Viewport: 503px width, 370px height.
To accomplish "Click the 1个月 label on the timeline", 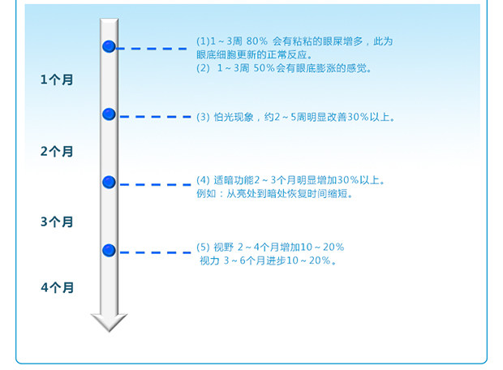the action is [56, 80].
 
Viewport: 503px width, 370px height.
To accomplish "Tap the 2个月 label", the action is [56, 151].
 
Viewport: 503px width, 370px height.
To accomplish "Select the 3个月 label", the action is [56, 222].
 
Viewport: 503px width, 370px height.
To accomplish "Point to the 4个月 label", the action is [56, 287].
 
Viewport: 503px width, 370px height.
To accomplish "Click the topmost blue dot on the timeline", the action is [109, 47].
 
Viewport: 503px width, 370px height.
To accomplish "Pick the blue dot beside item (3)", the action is [109, 114].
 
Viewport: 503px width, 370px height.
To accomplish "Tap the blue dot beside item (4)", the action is [109, 182].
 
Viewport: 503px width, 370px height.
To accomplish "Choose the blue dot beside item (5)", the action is [109, 250].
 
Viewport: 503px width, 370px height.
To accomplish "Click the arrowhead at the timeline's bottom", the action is [109, 322].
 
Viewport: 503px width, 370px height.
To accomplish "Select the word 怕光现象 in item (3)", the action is [232, 117].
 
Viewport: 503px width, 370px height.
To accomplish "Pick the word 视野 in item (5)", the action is [223, 247].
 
